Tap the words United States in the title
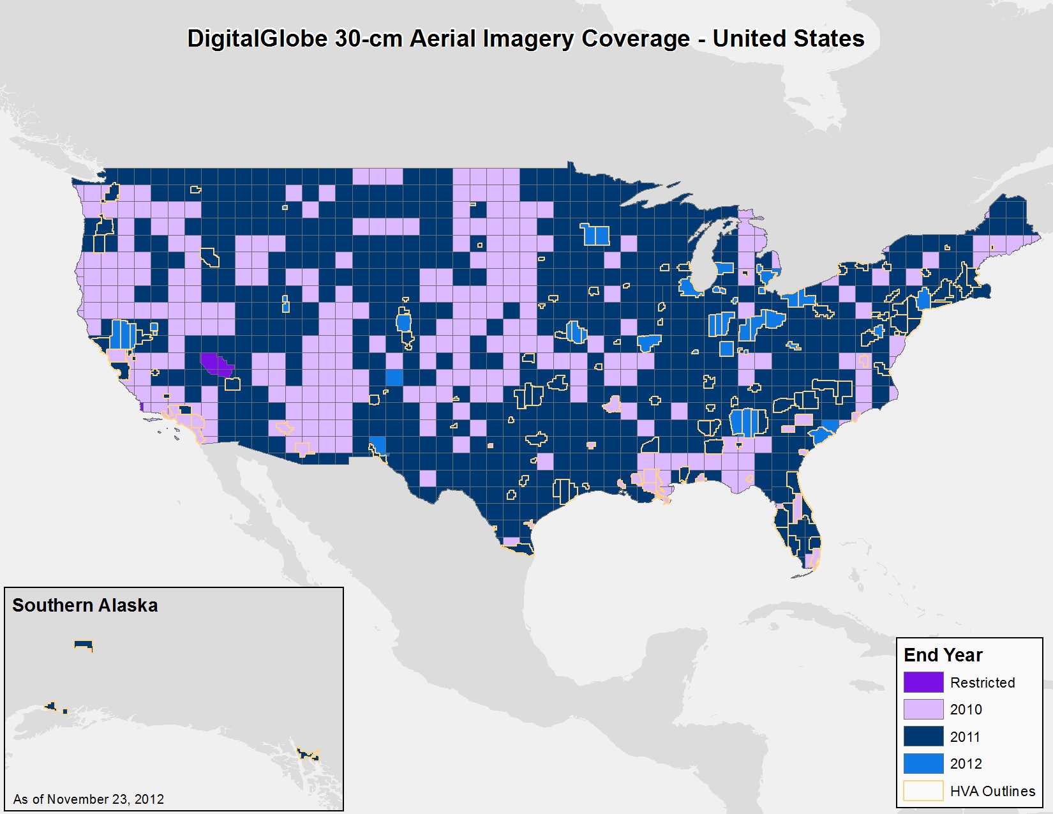pos(788,39)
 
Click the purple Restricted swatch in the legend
pos(923,682)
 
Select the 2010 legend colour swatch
pos(923,709)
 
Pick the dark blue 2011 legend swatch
pos(923,736)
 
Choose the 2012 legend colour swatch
pos(923,764)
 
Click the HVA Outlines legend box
pos(923,790)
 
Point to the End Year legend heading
pos(943,655)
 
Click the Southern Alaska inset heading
pos(85,605)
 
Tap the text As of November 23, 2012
pos(89,799)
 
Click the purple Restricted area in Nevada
pos(215,365)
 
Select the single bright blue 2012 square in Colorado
pos(394,377)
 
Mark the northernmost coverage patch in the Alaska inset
pos(84,645)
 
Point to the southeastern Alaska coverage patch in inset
pos(309,755)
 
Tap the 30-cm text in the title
pos(368,39)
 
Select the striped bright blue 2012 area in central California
pos(123,333)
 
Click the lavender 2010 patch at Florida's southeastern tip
pos(813,560)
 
